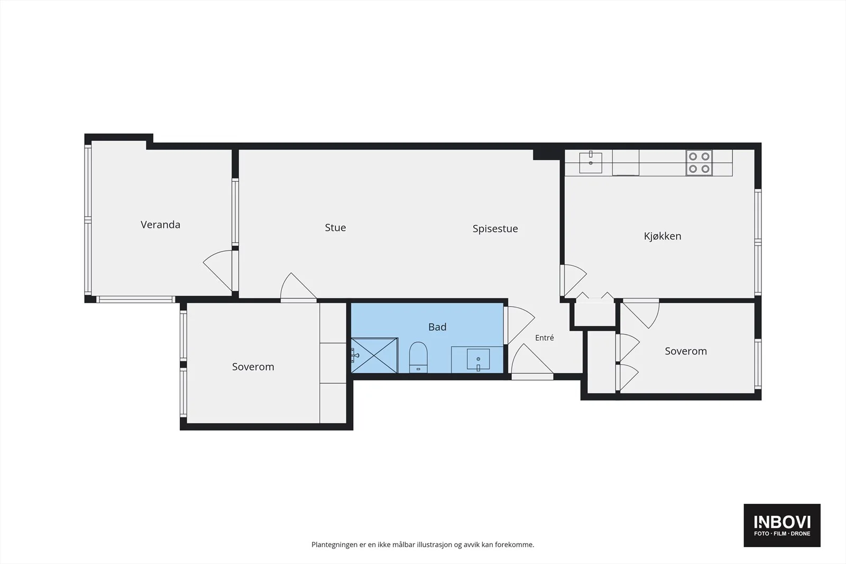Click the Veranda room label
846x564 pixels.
click(x=160, y=225)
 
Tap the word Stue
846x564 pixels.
click(x=335, y=227)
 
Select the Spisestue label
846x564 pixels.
click(x=495, y=229)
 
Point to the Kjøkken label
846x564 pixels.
click(x=663, y=236)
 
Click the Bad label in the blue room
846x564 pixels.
click(x=437, y=327)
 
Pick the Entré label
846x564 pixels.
click(x=544, y=338)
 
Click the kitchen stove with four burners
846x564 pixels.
click(x=699, y=163)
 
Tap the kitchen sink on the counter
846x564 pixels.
click(x=591, y=163)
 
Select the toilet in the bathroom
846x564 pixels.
click(x=418, y=357)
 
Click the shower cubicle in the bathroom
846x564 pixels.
click(x=374, y=355)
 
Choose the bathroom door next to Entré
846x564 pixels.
click(x=520, y=325)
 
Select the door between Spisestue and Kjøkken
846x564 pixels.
click(x=573, y=280)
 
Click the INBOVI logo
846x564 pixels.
click(x=782, y=525)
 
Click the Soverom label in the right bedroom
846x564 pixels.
click(x=685, y=351)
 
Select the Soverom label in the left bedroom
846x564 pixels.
click(x=253, y=367)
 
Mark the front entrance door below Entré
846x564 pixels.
click(x=532, y=362)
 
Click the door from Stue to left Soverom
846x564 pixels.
click(x=298, y=288)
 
